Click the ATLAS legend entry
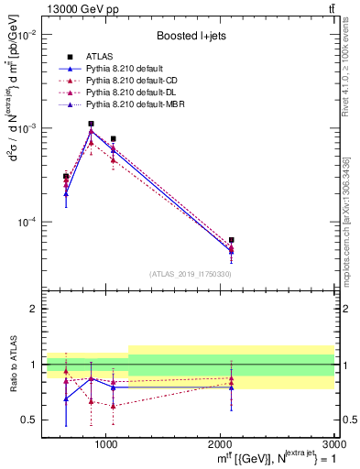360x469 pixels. coord(101,57)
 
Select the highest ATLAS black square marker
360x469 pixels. coord(91,124)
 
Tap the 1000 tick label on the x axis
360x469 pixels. coord(106,443)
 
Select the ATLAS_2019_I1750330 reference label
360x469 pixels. coord(191,274)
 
